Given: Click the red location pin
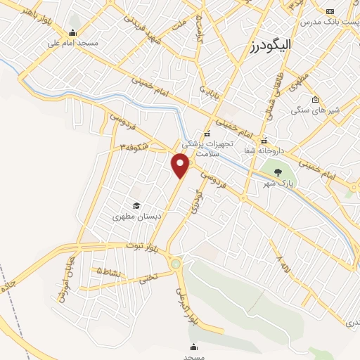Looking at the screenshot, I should click(x=181, y=165).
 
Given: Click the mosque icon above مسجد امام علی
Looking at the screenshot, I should click(x=72, y=32).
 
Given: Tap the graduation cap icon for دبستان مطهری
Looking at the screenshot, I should click(x=136, y=205).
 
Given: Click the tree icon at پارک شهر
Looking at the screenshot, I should click(x=278, y=172).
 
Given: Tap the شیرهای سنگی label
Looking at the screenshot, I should click(x=315, y=110).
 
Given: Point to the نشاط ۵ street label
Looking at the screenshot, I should click(x=110, y=271).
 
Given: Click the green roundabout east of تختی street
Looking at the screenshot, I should click(x=176, y=264).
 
